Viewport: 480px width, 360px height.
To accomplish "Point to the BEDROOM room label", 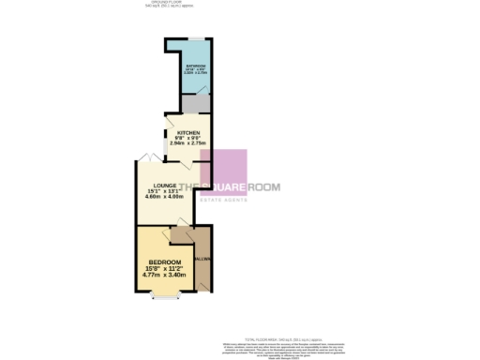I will [x=163, y=261].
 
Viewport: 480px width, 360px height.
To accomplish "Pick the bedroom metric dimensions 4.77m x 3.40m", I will [x=163, y=276].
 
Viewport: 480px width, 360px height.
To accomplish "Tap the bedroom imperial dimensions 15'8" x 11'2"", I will [x=163, y=268].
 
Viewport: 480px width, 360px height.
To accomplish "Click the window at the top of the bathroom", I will [x=195, y=38].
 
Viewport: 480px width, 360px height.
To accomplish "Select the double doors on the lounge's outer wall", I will [x=144, y=157].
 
